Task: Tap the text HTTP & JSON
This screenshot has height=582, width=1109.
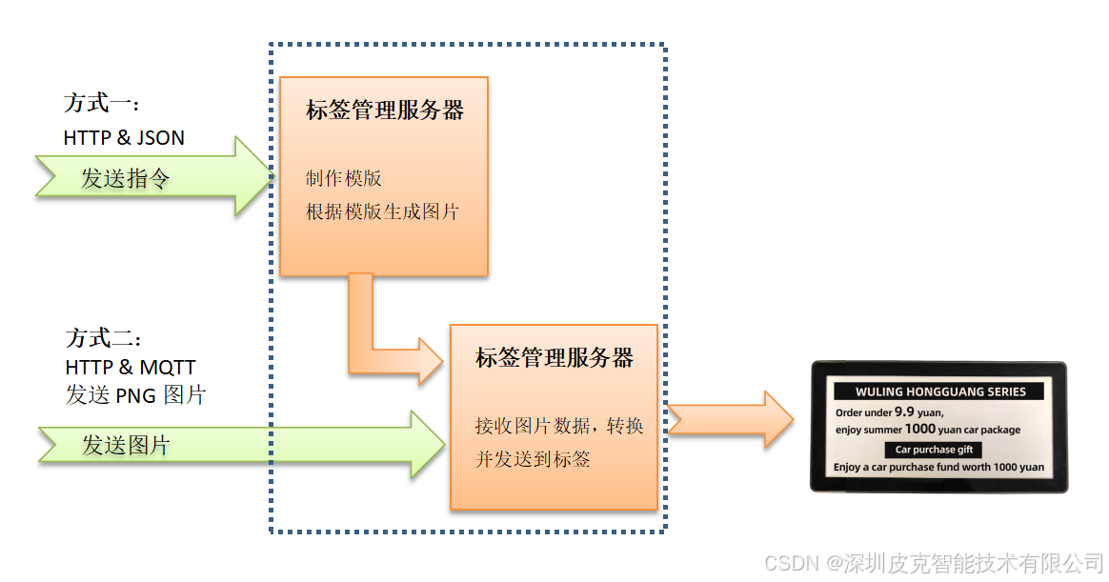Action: click(x=124, y=138)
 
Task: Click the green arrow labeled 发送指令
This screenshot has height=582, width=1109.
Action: click(x=152, y=177)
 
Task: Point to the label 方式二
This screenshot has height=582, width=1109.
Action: click(x=103, y=339)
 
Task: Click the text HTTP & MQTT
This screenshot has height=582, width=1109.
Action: click(x=131, y=368)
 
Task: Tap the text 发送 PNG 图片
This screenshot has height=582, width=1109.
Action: click(x=135, y=395)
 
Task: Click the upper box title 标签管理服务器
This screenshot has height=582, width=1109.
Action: click(x=384, y=110)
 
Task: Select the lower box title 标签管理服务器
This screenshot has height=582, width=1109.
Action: click(x=554, y=359)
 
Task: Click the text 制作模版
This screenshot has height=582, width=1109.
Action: click(x=343, y=178)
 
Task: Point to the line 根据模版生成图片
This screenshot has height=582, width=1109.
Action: click(x=382, y=211)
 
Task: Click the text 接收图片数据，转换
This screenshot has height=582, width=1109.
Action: click(x=559, y=426)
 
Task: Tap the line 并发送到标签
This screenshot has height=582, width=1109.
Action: click(x=533, y=459)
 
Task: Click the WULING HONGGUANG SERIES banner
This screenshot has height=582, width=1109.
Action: click(x=939, y=391)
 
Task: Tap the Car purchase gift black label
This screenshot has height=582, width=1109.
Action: click(x=934, y=450)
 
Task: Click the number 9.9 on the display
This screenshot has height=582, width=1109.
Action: click(x=905, y=412)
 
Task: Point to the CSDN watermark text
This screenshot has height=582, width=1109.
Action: click(x=934, y=563)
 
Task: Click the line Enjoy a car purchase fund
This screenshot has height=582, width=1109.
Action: click(x=938, y=468)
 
